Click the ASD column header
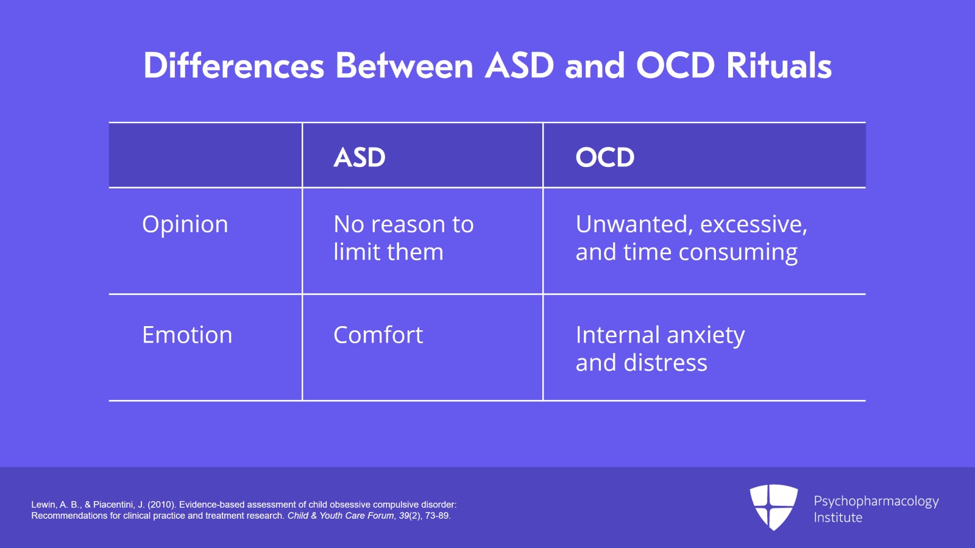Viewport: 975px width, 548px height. click(360, 157)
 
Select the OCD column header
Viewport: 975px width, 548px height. click(604, 157)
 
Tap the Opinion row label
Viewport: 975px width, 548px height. click(185, 224)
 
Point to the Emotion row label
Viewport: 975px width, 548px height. click(187, 335)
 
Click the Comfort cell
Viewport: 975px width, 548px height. click(378, 335)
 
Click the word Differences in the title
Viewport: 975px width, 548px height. click(233, 66)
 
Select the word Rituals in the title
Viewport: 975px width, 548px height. click(779, 66)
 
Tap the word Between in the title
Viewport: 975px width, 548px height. click(404, 66)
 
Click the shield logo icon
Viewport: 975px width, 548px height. click(773, 507)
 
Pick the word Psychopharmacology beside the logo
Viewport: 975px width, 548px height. click(876, 501)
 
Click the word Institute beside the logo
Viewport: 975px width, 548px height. click(838, 518)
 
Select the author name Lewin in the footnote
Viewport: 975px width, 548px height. click(43, 505)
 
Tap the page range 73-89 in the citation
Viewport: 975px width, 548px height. click(438, 516)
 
